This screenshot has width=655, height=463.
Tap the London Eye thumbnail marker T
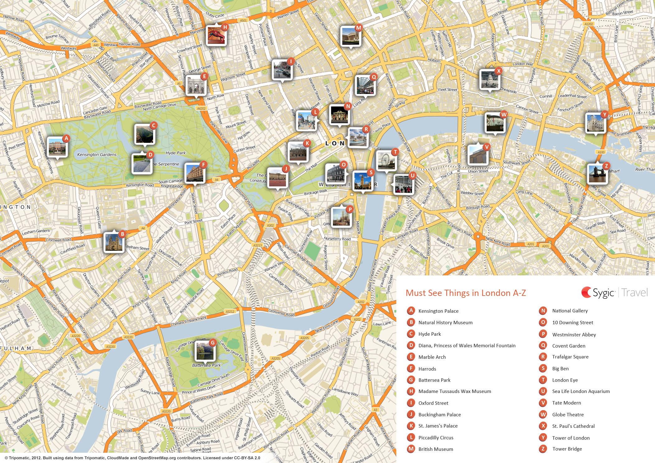386,161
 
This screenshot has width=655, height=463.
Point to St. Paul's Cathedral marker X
489,80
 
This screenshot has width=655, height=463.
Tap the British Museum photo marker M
351,36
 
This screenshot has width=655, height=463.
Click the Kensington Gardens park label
97,155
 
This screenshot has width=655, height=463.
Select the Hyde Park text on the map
175,153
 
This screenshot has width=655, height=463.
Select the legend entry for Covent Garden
568,346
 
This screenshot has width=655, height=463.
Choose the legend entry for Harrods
427,369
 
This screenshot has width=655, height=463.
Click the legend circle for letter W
543,414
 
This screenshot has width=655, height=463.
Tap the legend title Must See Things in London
466,293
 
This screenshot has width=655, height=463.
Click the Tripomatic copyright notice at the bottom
132,458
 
